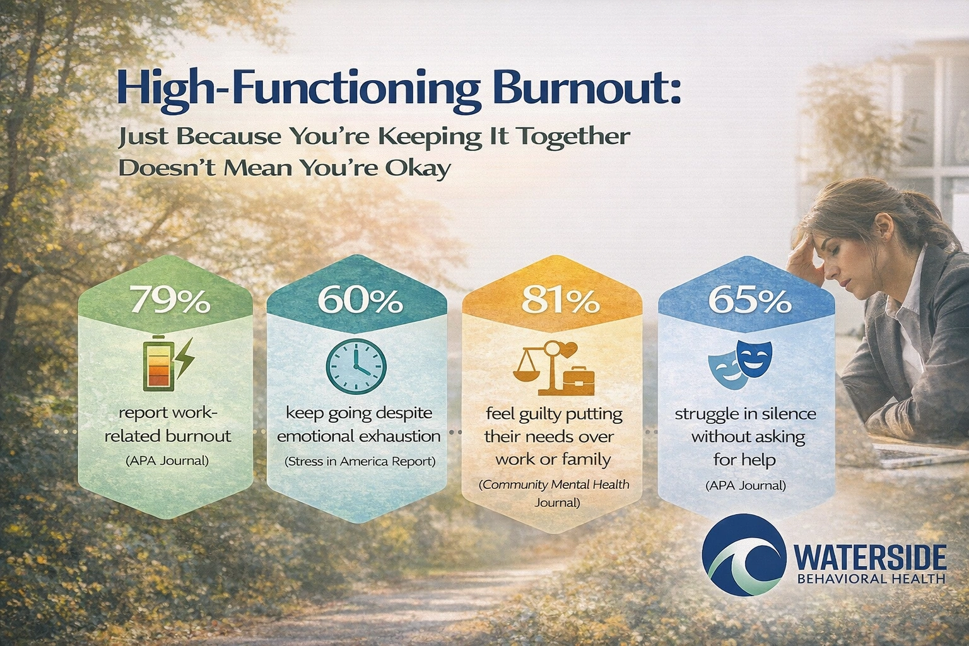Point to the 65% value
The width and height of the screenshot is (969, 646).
(x=749, y=301)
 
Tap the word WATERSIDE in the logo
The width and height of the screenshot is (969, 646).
(x=871, y=558)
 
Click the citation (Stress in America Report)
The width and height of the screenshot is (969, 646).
(x=360, y=461)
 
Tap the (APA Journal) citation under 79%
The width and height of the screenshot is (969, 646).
(x=167, y=461)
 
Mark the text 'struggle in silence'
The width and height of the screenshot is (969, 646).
(x=745, y=414)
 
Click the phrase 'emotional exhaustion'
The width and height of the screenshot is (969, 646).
(x=358, y=436)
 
